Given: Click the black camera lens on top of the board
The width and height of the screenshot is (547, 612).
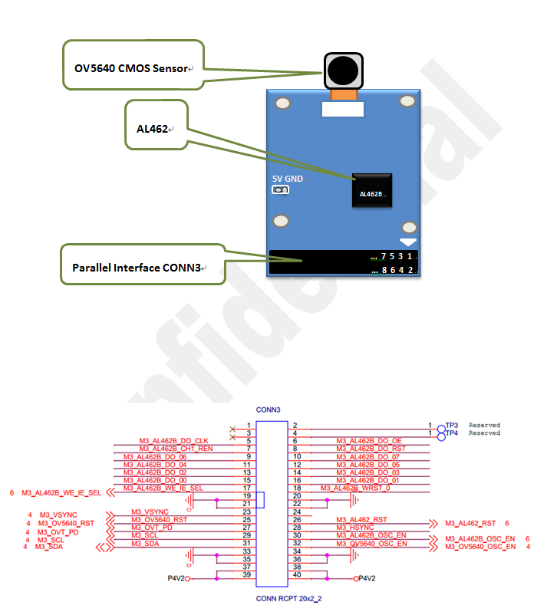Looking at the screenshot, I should (342, 71).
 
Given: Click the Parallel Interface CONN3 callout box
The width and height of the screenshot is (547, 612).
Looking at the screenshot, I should (142, 268).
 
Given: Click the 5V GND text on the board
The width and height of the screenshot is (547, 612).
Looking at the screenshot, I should (288, 179).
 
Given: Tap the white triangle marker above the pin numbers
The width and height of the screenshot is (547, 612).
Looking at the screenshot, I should (408, 242).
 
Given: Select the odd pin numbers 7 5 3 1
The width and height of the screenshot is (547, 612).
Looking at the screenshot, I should (396, 256).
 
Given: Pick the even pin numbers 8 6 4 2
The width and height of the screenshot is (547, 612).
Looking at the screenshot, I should (396, 270).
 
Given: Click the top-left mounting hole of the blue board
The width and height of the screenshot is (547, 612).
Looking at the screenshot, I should (282, 103).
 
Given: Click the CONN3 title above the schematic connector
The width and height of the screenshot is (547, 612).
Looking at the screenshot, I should (268, 410).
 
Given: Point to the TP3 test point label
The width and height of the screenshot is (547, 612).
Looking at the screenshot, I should (452, 425).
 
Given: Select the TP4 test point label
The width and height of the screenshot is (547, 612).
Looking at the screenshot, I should (452, 433).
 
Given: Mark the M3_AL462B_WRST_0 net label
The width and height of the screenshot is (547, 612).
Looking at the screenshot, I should (355, 488).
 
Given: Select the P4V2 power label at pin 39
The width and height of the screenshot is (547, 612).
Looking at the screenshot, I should (176, 579).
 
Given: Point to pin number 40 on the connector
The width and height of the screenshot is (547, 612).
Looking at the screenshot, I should (295, 574).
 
